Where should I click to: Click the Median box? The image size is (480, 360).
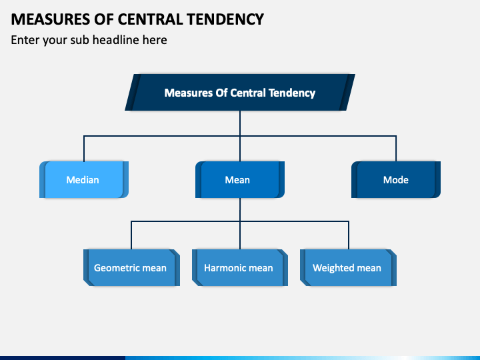[x=83, y=180]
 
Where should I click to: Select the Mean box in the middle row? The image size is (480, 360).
[x=239, y=180]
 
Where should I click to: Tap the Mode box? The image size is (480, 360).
[x=395, y=180]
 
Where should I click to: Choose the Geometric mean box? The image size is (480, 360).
[x=131, y=268]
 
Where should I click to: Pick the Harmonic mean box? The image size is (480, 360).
[x=239, y=268]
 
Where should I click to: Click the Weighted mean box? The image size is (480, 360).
[x=347, y=268]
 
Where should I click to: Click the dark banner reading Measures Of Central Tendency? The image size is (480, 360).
[x=239, y=93]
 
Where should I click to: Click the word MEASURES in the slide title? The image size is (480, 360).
[x=42, y=19]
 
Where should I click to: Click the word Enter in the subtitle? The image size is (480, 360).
[x=25, y=40]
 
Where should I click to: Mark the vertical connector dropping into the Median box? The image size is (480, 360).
[x=84, y=148]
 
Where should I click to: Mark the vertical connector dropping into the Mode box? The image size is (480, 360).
[x=396, y=148]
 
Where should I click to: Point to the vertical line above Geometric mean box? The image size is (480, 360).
[x=131, y=235]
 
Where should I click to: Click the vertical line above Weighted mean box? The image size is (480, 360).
[x=348, y=235]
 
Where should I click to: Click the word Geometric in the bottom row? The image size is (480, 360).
[x=117, y=268]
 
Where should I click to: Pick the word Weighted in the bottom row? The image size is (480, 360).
[x=334, y=268]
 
